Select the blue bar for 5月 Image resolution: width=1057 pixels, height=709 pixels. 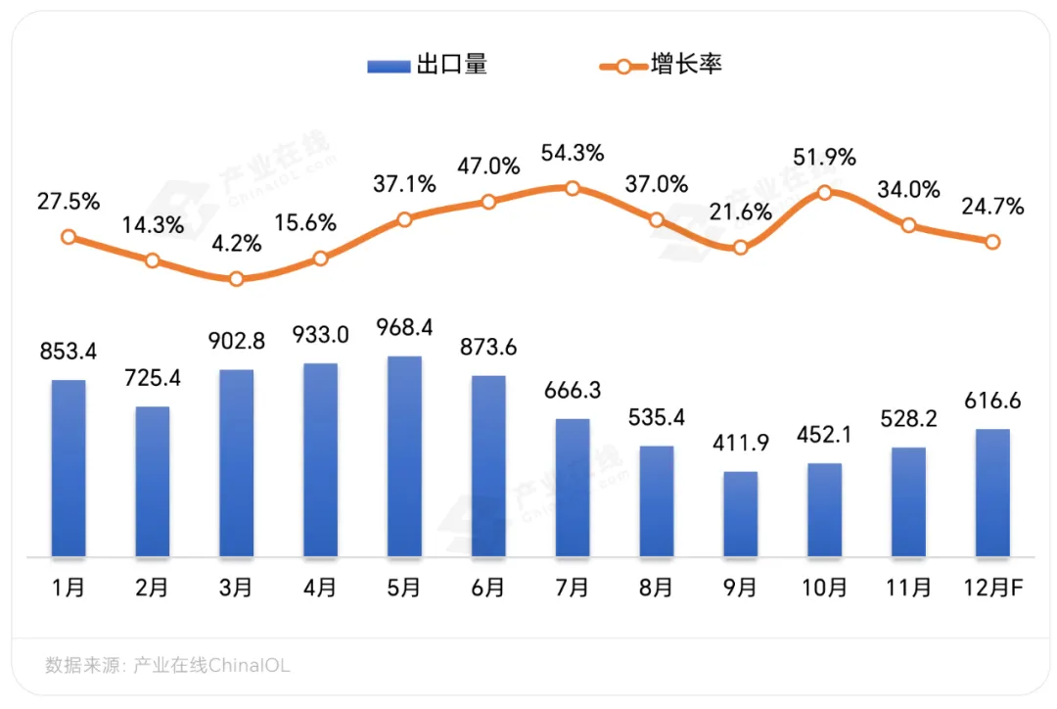click(404, 456)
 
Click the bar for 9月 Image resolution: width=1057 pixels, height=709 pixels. click(741, 514)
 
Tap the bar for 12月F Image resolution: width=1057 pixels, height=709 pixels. click(992, 493)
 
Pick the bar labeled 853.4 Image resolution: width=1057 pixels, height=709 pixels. click(69, 468)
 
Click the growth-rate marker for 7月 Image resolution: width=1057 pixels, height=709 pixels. click(573, 188)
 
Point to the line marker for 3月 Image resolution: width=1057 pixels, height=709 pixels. click(236, 279)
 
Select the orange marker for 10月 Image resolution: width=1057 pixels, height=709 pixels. click(825, 193)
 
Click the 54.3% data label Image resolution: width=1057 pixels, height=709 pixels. click(573, 154)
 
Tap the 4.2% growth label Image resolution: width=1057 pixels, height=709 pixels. click(236, 243)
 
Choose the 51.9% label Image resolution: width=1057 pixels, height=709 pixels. click(825, 157)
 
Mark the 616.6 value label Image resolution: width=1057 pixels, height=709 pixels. click(992, 400)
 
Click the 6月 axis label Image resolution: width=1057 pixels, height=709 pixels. click(488, 588)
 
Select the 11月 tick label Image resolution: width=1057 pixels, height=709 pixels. click(909, 588)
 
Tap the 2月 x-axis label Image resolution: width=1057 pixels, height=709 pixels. click(152, 588)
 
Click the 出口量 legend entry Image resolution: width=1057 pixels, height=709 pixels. click(427, 66)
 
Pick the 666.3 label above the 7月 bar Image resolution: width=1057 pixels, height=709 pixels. click(573, 390)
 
